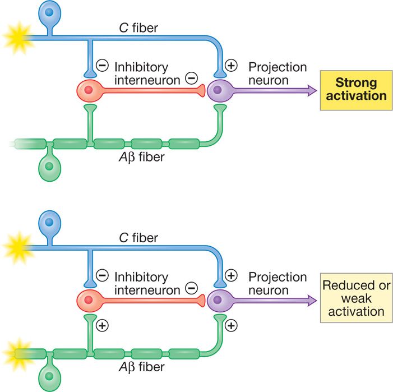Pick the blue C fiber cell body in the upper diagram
(50, 13)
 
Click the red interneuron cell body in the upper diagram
(89, 90)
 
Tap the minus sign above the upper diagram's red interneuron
(102, 66)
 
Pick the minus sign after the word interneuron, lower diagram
(191, 289)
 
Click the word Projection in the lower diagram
(278, 277)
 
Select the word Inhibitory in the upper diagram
(141, 66)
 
